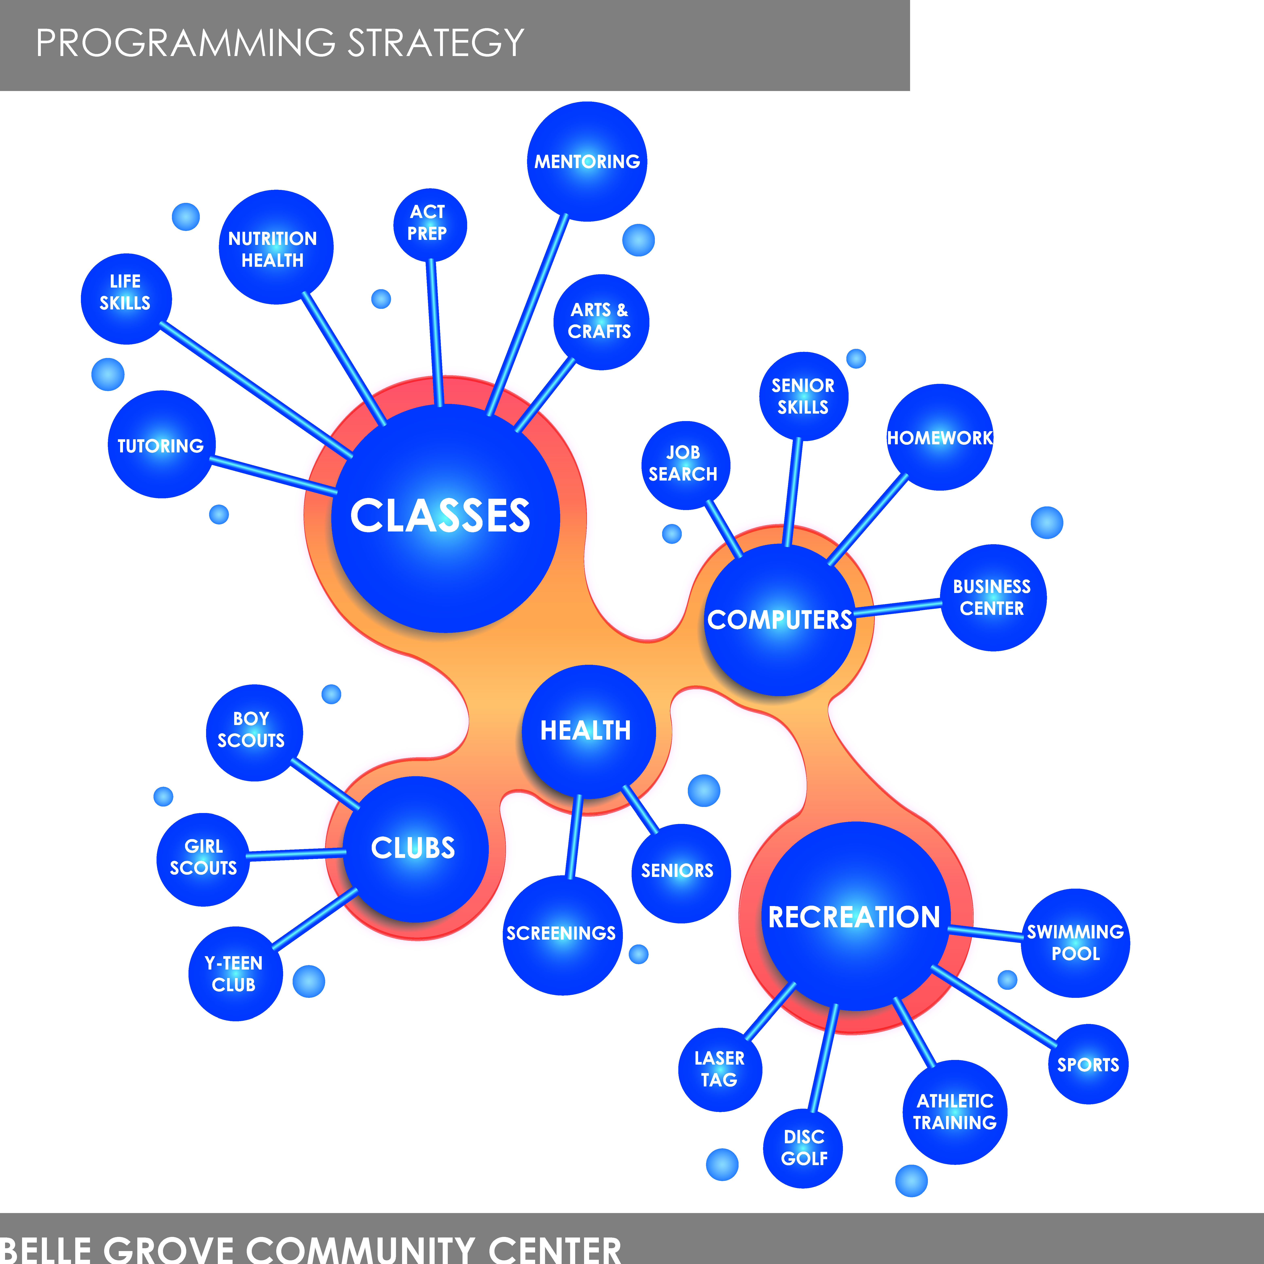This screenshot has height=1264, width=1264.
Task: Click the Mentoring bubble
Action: click(587, 162)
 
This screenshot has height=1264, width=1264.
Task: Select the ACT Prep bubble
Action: click(430, 225)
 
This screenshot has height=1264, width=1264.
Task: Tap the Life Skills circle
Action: click(126, 299)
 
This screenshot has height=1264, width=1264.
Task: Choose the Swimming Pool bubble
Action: click(1076, 943)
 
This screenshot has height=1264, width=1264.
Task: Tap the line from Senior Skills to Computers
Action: click(792, 492)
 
